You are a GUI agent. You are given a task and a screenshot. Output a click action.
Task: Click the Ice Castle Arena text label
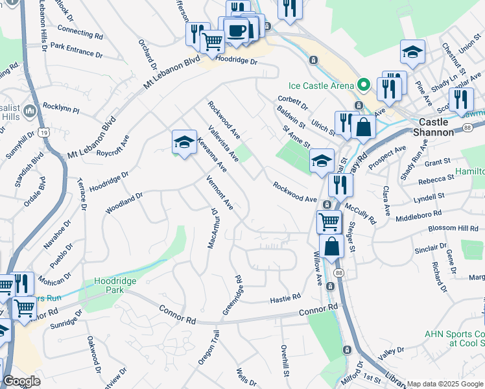[x=322, y=86]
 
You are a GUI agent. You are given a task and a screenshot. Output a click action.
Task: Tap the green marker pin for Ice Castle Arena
[x=364, y=85]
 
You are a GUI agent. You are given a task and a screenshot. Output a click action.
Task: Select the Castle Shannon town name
[x=442, y=126]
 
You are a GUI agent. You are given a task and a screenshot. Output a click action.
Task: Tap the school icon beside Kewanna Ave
[x=184, y=142]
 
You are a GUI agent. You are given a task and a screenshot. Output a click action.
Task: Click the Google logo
[x=21, y=381]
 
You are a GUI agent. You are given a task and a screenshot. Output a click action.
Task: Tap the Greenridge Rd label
[x=232, y=295]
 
